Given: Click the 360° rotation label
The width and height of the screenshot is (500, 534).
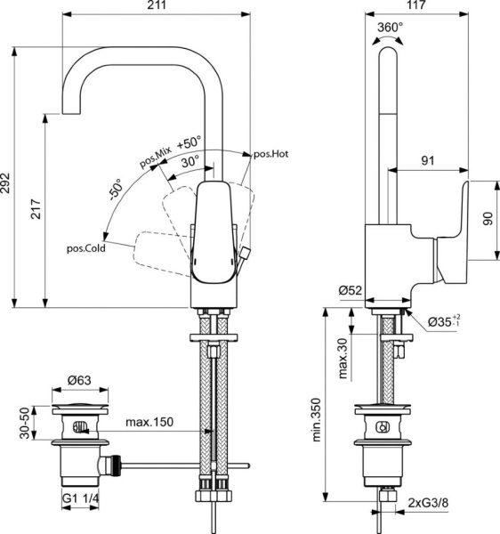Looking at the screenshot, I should [x=390, y=28].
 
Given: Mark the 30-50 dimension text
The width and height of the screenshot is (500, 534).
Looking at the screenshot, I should [x=28, y=424].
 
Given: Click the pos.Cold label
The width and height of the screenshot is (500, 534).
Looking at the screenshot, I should [x=86, y=249].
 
